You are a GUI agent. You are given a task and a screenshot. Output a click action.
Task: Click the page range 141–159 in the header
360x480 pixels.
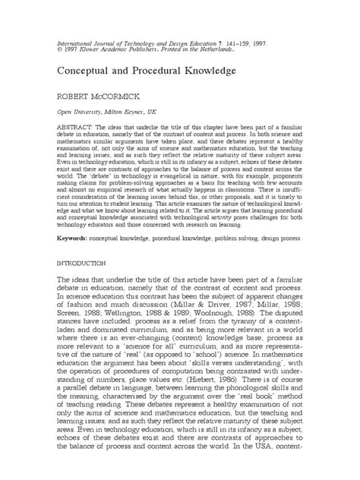click(229, 36)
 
